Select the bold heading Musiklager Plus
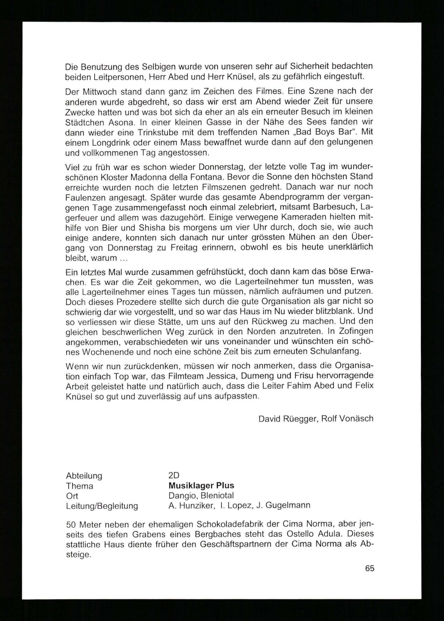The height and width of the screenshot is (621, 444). click(x=201, y=485)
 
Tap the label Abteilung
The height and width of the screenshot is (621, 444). click(x=84, y=476)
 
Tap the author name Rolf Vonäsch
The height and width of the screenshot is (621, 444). click(x=347, y=426)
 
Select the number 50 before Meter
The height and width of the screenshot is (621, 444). click(x=72, y=524)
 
